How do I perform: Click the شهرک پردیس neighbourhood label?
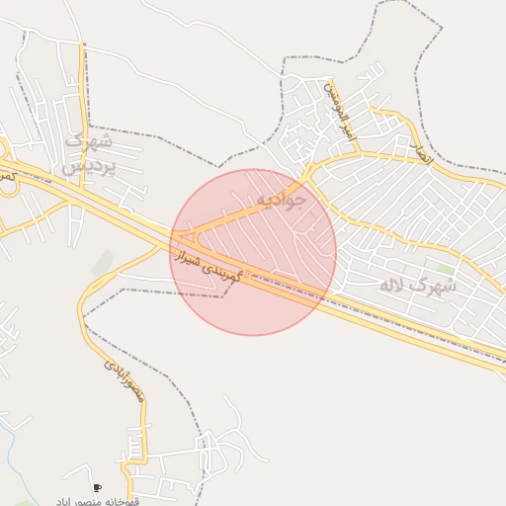point(91,153)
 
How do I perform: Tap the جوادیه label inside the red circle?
point(282,199)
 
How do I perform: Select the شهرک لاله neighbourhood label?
point(418,286)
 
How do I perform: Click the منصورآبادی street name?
point(125,379)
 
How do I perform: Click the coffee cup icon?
point(97,487)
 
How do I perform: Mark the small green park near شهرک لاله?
point(446,269)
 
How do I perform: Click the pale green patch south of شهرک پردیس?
point(102,262)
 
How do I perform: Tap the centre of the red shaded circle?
point(253,252)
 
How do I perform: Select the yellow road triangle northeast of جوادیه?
point(314,175)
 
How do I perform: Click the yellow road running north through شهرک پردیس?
point(83,99)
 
